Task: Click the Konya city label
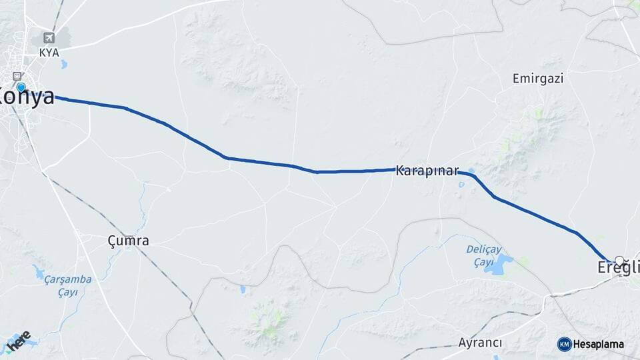pos(27,97)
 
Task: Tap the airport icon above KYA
pos(48,37)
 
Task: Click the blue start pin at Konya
pos(21,87)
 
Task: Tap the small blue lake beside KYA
pos(63,65)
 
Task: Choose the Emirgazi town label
pos(538,79)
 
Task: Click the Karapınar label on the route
pos(427,171)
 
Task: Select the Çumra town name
pos(129,241)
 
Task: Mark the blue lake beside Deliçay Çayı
pos(499,263)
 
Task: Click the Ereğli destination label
pos(615,269)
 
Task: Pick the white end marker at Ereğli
pos(619,261)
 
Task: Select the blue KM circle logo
pos(565,344)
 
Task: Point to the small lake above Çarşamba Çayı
pos(37,271)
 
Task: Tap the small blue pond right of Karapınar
pos(472,170)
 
